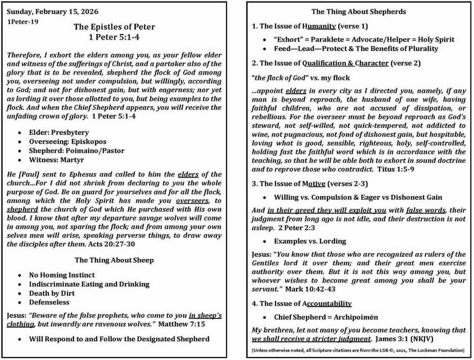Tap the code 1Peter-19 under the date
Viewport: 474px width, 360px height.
(23, 22)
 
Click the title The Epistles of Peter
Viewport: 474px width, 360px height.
(114, 27)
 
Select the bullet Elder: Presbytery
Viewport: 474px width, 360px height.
(59, 132)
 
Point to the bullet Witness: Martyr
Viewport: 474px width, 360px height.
(56, 160)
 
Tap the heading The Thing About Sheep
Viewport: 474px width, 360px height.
(114, 260)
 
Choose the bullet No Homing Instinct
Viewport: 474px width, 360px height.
(62, 275)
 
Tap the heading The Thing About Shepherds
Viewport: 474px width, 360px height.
(359, 12)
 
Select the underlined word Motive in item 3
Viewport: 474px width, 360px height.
(320, 184)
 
